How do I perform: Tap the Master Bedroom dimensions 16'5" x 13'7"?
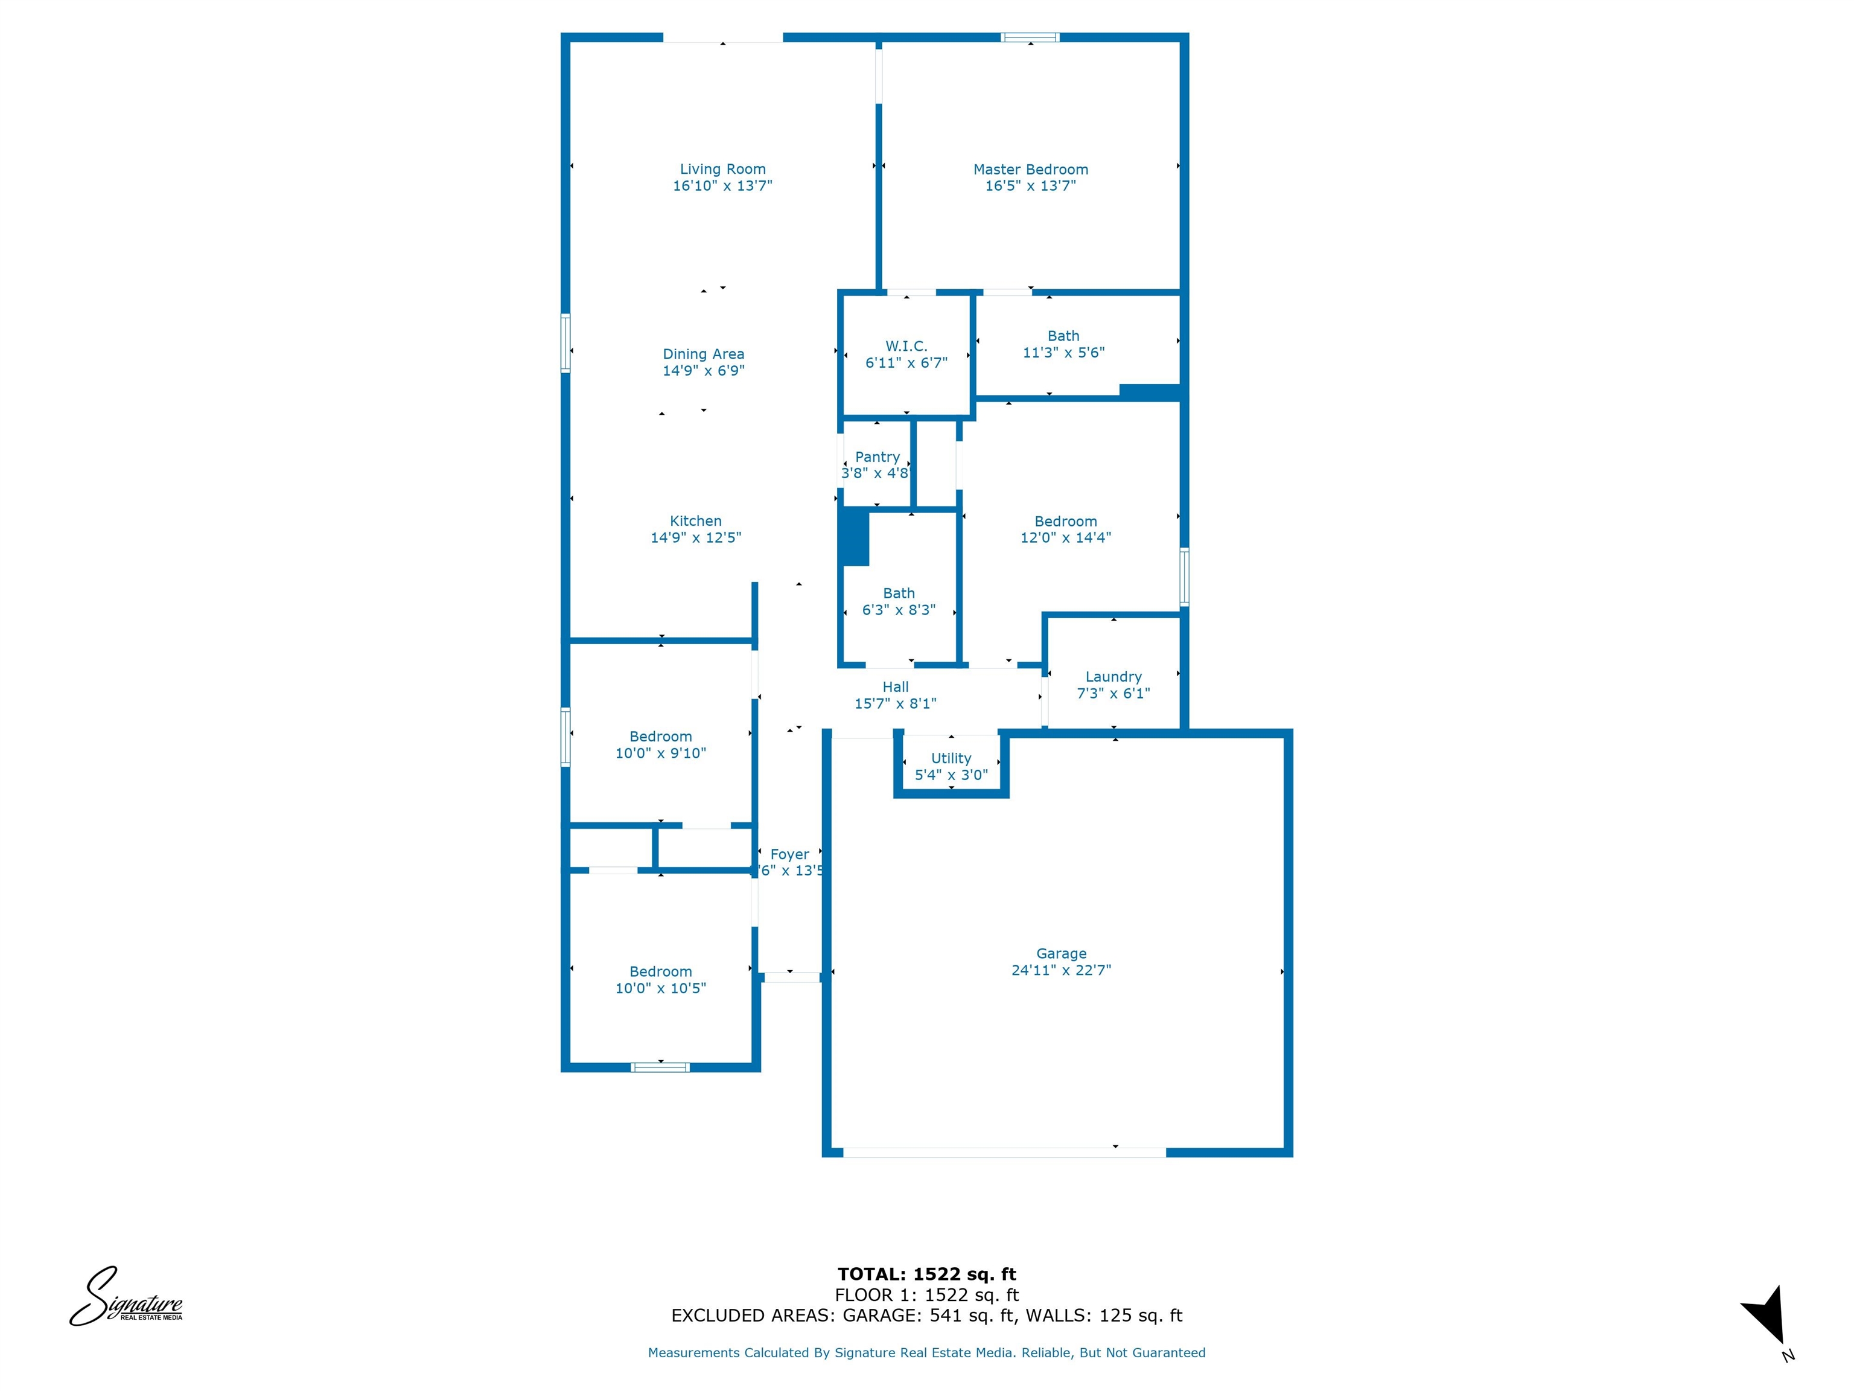coord(1030,186)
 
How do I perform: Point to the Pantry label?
coord(877,457)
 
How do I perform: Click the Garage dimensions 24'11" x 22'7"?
coord(1061,970)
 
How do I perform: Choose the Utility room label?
coord(951,758)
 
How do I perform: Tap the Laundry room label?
coord(1113,677)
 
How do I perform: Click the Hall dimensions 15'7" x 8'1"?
coord(895,703)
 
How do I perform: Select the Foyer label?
coord(789,854)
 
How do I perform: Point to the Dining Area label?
coord(703,354)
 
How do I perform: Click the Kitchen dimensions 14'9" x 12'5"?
coord(696,537)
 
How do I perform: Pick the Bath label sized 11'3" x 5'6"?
coord(1063,336)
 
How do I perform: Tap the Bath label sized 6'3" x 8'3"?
coord(899,593)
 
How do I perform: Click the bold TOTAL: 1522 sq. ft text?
coord(926,1274)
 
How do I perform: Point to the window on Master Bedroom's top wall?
coord(1030,37)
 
